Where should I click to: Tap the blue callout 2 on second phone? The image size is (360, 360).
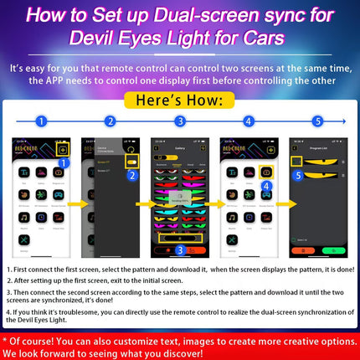pyautogui.click(x=131, y=176)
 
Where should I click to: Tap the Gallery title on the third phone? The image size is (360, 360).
pyautogui.click(x=179, y=145)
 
